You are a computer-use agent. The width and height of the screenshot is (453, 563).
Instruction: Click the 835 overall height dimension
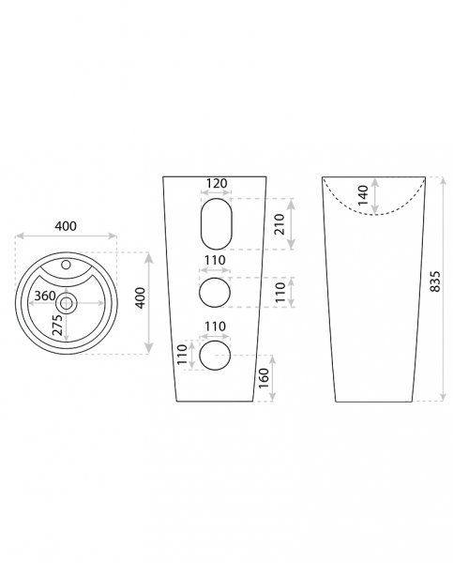(x=434, y=281)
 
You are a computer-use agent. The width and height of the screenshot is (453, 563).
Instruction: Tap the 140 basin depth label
(x=363, y=195)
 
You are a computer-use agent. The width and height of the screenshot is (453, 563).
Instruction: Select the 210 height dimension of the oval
(x=279, y=224)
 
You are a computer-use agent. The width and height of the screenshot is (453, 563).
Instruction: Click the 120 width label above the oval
(x=217, y=183)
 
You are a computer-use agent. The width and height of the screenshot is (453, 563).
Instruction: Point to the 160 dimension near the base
(x=264, y=378)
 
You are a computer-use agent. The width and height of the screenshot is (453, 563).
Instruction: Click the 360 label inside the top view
(x=45, y=296)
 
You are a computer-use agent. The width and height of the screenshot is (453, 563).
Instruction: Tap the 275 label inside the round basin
(x=57, y=325)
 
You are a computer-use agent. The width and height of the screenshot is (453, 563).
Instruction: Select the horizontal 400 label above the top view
(x=66, y=226)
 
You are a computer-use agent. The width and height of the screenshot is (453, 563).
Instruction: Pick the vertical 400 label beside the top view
(x=141, y=297)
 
